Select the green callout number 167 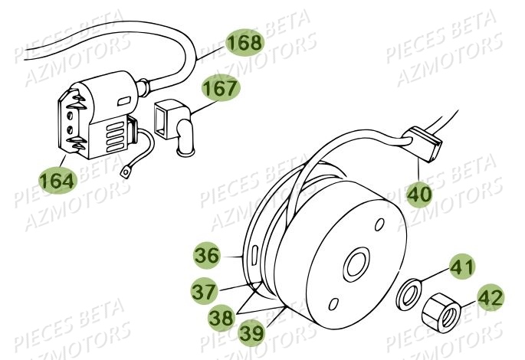tap(221, 90)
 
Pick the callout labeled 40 tap(418, 195)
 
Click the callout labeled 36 tap(206, 254)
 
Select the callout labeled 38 tap(223, 314)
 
